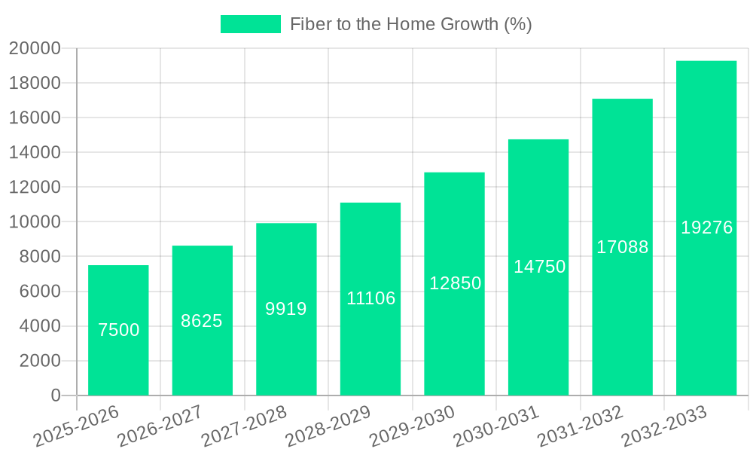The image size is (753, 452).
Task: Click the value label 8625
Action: [202, 321]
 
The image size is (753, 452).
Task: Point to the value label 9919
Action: [286, 309]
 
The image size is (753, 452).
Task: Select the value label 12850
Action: [455, 283]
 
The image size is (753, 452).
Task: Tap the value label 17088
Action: [623, 247]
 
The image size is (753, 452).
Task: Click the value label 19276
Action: [706, 228]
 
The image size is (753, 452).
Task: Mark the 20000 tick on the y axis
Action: [34, 49]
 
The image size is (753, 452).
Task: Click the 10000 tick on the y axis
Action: [34, 222]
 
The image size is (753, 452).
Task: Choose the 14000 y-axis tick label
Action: [34, 153]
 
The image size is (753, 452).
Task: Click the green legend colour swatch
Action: [250, 24]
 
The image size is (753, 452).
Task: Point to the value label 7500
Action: [118, 330]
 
